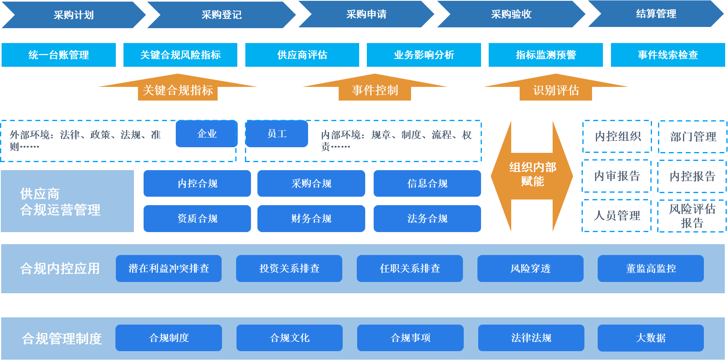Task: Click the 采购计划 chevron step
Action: pos(74,15)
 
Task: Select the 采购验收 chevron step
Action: pos(511,14)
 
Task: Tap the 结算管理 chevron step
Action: pos(656,14)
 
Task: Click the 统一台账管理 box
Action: pos(59,55)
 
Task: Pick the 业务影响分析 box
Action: pos(424,55)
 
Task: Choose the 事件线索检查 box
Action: pos(668,55)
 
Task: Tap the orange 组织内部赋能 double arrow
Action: pos(532,175)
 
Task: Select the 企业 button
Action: pos(207,134)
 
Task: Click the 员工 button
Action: pos(277,134)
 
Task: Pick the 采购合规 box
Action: pos(311,183)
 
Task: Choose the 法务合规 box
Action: pos(427,218)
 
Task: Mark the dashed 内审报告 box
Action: pos(617,176)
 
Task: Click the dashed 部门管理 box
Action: pos(693,137)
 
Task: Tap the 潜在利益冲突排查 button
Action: pos(169,268)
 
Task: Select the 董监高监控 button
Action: pos(650,268)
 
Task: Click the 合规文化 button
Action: pos(290,338)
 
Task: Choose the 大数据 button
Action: pos(650,338)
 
